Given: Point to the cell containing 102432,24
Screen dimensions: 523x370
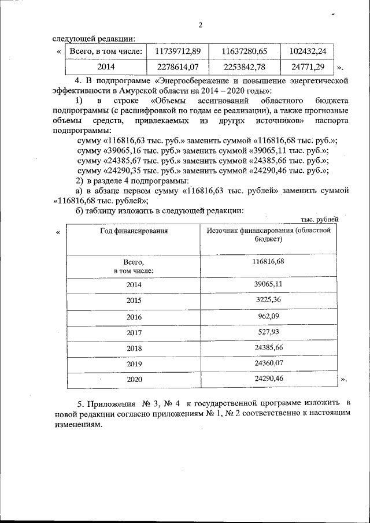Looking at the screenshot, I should point(308,52).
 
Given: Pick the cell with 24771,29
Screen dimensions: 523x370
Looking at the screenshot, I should point(308,67).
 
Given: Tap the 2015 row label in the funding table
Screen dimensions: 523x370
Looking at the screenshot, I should point(134,301).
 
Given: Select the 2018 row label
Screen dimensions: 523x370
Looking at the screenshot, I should point(134,349).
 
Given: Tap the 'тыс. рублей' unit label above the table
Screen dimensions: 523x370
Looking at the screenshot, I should point(320,218).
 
